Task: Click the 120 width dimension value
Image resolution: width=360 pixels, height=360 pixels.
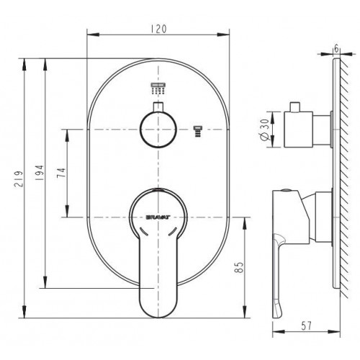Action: pos(158,29)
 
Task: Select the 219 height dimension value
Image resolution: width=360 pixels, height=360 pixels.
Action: pos(19,179)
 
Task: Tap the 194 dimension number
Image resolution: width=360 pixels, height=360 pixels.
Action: pos(39,173)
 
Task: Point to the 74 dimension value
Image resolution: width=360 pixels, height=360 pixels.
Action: pos(61,173)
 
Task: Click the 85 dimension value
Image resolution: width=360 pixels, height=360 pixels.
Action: pos(240,267)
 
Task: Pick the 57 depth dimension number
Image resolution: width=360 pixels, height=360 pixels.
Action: pos(306,326)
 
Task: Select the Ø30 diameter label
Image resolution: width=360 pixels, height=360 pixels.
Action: pos(264,130)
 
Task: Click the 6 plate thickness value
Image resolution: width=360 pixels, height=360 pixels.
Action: pos(336,49)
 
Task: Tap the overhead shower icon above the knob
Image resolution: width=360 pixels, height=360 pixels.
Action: pos(158,89)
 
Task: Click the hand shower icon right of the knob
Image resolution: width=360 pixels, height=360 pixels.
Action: pos(198,132)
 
